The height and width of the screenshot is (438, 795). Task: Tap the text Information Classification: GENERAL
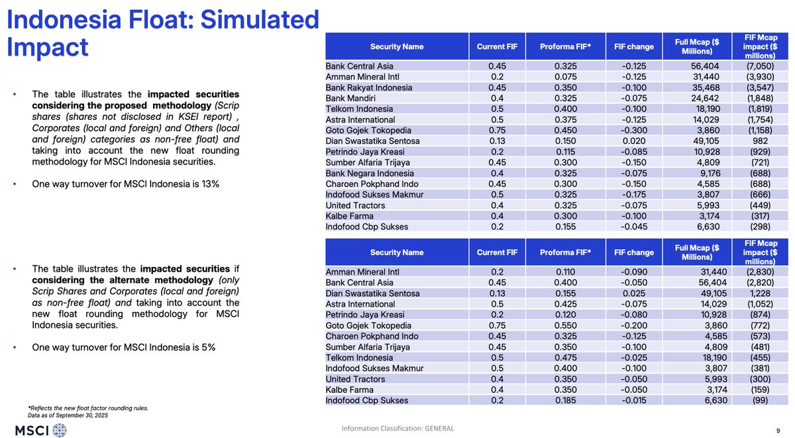pyautogui.click(x=397, y=429)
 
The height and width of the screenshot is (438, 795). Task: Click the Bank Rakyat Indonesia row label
pyautogui.click(x=368, y=87)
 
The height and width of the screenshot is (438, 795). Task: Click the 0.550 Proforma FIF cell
pyautogui.click(x=566, y=325)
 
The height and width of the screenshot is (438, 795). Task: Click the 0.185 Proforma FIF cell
pyautogui.click(x=566, y=400)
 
